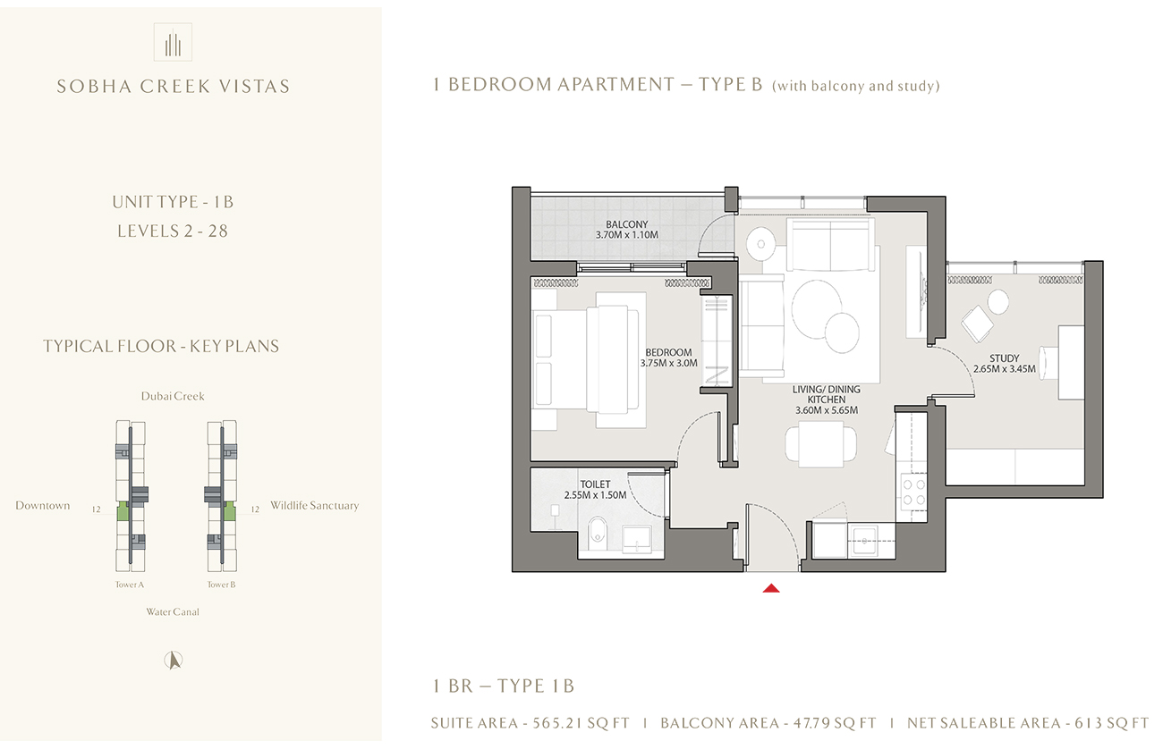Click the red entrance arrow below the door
click(771, 588)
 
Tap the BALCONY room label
click(626, 224)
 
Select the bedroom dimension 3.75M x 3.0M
click(668, 364)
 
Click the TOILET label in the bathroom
click(594, 484)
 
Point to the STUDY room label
click(1006, 356)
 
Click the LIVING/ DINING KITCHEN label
click(826, 396)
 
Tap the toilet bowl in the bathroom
click(598, 533)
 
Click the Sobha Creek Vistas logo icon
click(174, 42)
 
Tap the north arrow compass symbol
click(174, 661)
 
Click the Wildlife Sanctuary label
click(314, 506)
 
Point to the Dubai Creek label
click(173, 396)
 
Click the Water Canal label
click(173, 612)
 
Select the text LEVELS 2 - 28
click(173, 231)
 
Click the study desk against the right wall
click(1071, 362)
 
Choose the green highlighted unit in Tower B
click(229, 511)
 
